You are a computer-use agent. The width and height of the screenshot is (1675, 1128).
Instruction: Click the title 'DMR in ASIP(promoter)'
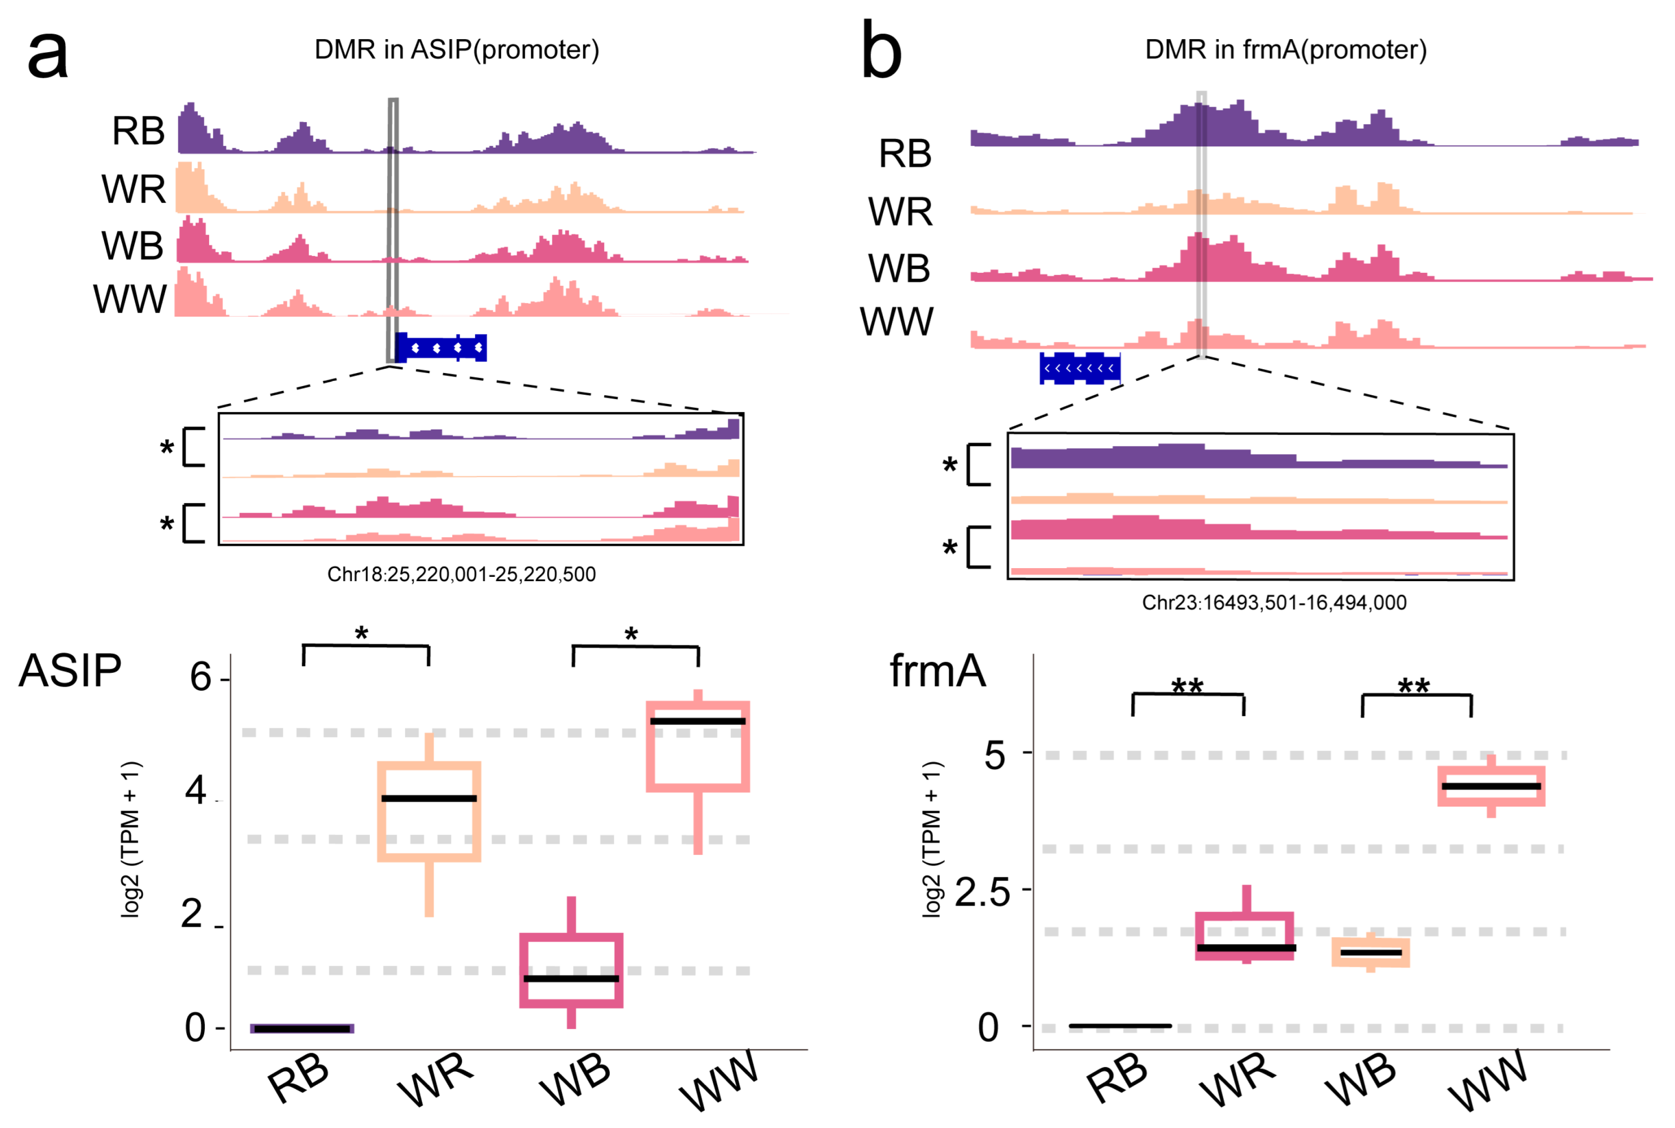[456, 50]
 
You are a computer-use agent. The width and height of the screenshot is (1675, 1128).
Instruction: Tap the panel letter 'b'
[881, 52]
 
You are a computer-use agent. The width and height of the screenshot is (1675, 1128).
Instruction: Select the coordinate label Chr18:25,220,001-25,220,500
[461, 574]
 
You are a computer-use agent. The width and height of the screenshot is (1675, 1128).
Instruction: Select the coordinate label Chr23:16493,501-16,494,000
[1274, 602]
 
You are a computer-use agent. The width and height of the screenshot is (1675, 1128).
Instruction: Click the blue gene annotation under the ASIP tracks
[441, 348]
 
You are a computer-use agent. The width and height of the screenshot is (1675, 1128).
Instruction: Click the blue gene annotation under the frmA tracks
[1079, 368]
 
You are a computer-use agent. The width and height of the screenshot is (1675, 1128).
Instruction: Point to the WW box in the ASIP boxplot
[697, 746]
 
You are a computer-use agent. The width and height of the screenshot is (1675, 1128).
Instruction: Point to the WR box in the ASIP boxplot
[429, 811]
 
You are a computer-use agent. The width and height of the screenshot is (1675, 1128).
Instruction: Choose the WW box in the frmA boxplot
[1491, 786]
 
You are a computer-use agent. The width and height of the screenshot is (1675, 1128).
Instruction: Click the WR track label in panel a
[134, 189]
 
